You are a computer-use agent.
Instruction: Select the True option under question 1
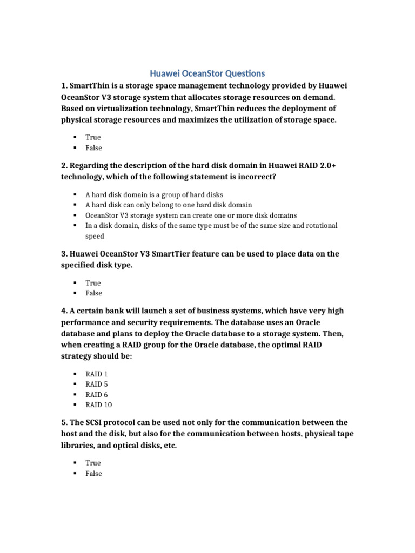pos(93,137)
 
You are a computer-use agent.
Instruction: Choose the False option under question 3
pos(93,293)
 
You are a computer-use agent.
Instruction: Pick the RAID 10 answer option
pos(99,404)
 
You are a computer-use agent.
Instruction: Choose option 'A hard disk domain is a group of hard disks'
pos(154,194)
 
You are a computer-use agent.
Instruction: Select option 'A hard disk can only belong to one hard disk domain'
pos(169,205)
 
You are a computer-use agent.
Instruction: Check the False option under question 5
pos(93,473)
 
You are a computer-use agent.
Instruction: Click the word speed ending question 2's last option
pos(95,236)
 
